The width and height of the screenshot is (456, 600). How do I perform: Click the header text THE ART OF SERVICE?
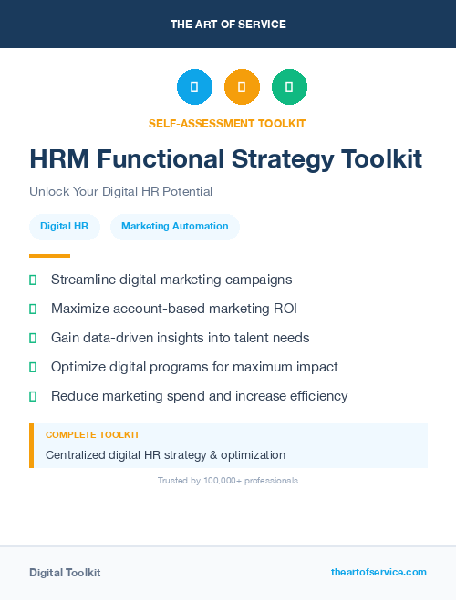227,24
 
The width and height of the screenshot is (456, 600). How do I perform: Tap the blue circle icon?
194,87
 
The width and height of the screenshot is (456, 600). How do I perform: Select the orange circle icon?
242,87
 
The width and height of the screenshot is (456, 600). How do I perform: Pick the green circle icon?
289,87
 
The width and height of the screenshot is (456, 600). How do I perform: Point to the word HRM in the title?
59,159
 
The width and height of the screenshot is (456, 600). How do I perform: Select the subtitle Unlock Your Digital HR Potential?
120,192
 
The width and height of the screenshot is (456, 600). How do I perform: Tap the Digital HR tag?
64,226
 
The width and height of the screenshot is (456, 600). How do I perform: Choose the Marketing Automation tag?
175,226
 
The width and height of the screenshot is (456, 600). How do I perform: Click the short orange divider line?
49,256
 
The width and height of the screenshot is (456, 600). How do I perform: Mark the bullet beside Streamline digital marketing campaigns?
33,280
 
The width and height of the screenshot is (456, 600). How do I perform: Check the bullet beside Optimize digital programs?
33,367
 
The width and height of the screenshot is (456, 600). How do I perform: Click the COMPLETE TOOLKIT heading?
92,435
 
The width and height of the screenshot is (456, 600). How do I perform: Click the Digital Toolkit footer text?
65,573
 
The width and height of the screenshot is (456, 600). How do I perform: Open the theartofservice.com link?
378,572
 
